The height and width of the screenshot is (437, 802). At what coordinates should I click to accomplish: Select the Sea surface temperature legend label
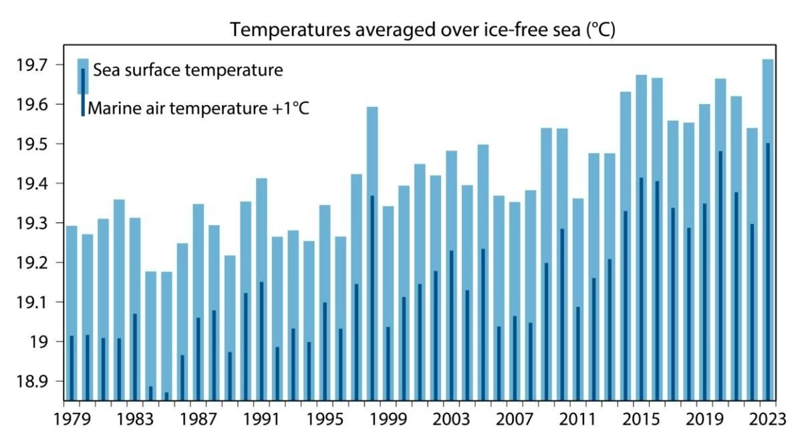pos(188,70)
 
